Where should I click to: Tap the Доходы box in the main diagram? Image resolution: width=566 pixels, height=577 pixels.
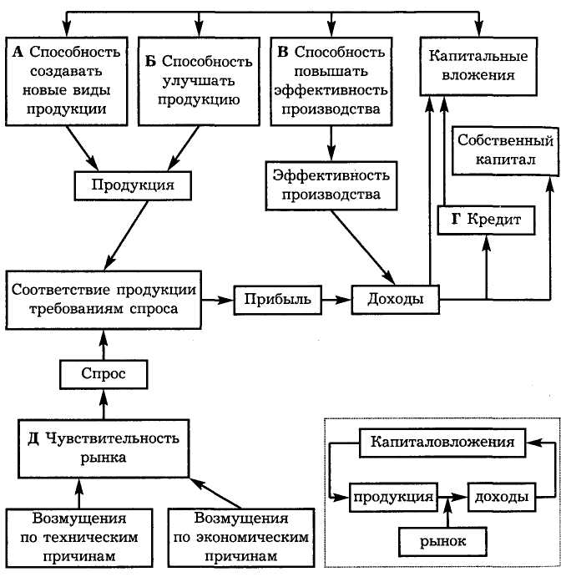[395, 298]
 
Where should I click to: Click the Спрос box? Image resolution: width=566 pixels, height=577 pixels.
[103, 373]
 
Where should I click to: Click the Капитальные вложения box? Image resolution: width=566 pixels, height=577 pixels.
[477, 67]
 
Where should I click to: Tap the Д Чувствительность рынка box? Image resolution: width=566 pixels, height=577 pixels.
[103, 447]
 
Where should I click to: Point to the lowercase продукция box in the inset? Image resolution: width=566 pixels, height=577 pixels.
[392, 497]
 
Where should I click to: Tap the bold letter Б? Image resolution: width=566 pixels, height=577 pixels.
[149, 61]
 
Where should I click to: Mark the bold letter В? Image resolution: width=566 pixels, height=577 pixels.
[283, 51]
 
